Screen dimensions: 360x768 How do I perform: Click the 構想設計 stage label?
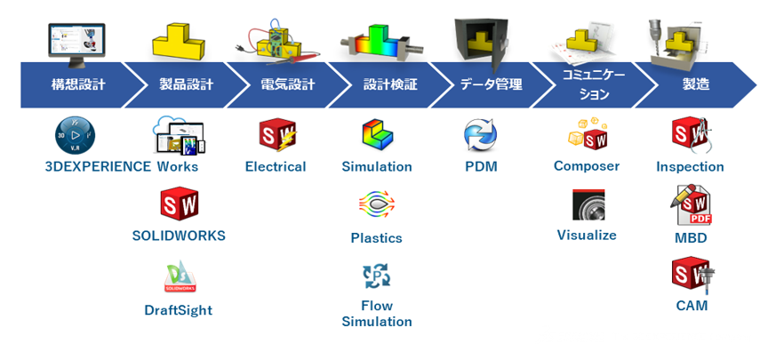coord(77,85)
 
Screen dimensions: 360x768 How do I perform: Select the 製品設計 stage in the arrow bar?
coord(186,85)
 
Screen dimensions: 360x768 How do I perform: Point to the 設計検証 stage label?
coord(390,85)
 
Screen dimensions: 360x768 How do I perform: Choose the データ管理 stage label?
coord(491,85)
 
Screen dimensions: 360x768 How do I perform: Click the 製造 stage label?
coord(696,85)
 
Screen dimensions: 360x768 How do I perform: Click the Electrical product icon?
coord(276,136)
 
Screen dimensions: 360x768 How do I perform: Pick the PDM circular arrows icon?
coord(481,136)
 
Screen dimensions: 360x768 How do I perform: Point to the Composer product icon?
coord(588,134)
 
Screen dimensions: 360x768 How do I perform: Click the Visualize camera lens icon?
coord(588,205)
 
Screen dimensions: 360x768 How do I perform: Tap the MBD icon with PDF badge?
coord(690,205)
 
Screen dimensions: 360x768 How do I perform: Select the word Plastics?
coord(376,238)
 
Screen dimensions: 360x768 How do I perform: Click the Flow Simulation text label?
coord(377,314)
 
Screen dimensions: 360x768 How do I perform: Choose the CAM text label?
coord(692,306)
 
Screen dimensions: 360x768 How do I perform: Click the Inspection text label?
coord(690,166)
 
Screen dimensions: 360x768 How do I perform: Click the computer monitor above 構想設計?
coord(76,43)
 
